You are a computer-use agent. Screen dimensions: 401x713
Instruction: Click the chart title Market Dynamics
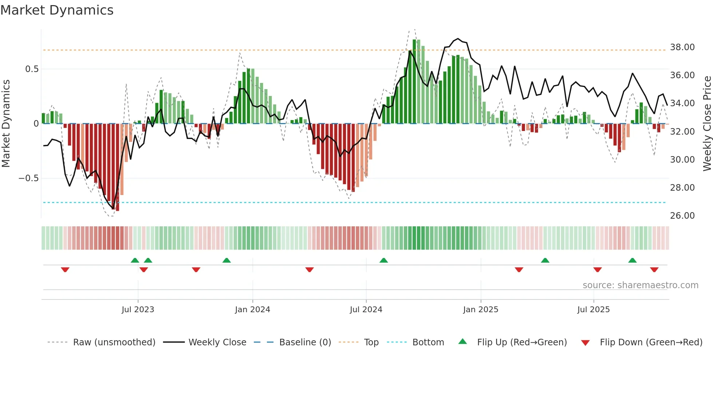pos(57,10)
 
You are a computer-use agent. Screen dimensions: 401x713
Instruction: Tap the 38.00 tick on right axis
pos(682,47)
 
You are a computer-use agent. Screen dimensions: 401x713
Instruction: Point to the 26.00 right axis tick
pos(682,216)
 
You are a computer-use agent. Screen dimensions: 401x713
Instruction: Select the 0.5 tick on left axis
pos(32,69)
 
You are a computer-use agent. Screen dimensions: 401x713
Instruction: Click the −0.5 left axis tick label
pos(28,178)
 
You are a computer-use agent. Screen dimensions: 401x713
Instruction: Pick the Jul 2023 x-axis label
pos(138,310)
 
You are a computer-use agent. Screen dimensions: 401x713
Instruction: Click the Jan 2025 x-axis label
pos(481,310)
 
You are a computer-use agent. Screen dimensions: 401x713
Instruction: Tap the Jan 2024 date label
pos(252,310)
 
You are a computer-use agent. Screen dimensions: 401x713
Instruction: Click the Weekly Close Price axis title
pos(707,124)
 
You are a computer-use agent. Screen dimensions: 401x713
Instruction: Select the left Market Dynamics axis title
pos(6,124)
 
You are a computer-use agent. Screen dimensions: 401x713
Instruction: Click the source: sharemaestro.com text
pos(640,285)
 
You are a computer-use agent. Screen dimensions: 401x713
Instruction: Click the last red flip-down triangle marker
pos(654,270)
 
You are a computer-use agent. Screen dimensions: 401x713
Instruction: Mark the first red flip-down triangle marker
pos(65,270)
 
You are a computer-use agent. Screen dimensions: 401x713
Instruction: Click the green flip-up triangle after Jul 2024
pos(383,260)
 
